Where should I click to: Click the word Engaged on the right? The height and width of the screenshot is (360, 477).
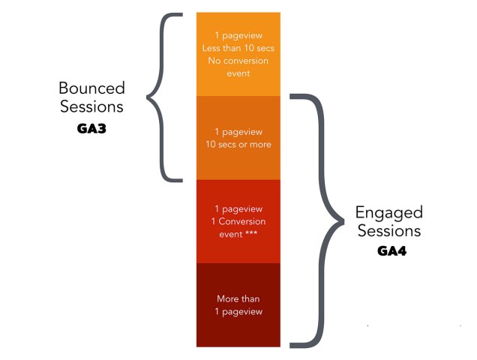tap(390, 212)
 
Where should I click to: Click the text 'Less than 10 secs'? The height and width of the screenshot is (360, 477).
tap(238, 49)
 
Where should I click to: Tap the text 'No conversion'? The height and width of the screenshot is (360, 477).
tap(238, 61)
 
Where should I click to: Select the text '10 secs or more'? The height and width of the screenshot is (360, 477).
tap(238, 144)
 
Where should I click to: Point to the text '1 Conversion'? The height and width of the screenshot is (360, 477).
tap(238, 221)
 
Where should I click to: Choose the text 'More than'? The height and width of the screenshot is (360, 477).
tap(238, 298)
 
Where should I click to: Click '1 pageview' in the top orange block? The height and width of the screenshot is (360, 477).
tap(238, 36)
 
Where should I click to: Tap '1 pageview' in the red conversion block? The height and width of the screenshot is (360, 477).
tap(238, 208)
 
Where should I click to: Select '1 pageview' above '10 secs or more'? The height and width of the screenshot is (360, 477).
tap(238, 131)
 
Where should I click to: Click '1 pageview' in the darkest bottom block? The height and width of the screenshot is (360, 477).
tap(238, 310)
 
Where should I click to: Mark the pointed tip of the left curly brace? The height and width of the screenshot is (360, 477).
tap(148, 97)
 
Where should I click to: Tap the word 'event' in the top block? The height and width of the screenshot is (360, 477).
tap(238, 73)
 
